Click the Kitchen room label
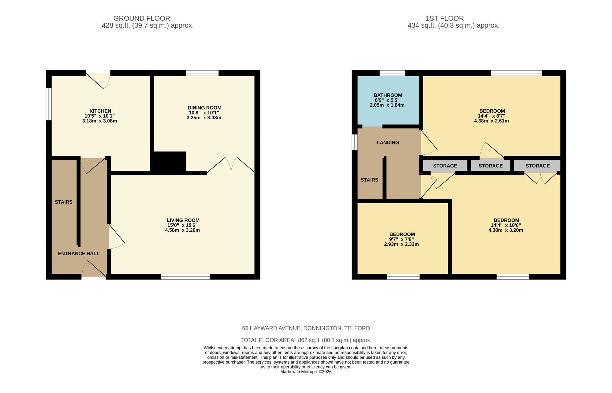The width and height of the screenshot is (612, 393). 100,111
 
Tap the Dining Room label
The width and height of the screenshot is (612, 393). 204,108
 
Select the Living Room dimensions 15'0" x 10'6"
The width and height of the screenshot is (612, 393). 182,225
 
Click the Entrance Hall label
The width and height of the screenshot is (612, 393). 79,253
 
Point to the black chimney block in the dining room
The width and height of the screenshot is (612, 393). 170,161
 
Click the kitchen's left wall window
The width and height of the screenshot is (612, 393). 48,104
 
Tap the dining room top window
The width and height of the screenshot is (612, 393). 202,73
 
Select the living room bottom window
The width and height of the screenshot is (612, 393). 185,277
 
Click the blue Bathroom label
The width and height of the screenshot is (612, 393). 388,95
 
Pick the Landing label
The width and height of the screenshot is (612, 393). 388,143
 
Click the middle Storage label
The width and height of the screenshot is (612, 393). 491,166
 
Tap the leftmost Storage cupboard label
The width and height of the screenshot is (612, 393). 445,166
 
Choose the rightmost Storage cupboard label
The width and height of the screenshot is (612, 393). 538,166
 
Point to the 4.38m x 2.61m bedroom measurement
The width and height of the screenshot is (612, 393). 491,121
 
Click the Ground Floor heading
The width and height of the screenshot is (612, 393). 142,18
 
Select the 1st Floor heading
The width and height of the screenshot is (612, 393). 445,18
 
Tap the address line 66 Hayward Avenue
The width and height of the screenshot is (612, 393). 306,328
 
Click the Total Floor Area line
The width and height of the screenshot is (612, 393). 306,340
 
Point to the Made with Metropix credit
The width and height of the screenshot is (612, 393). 306,372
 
